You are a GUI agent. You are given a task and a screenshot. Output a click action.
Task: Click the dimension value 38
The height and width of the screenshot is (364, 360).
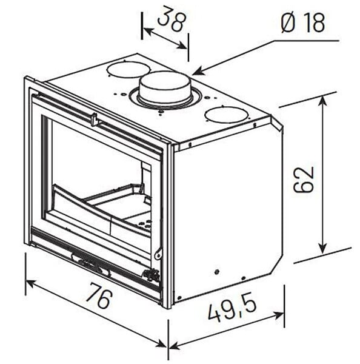172,19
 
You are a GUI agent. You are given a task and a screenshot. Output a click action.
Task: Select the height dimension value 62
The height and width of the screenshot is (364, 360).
304,180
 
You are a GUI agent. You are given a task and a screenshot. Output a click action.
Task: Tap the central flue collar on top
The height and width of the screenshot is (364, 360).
165,89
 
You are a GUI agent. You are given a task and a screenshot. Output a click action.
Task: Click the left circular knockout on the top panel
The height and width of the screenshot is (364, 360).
128,69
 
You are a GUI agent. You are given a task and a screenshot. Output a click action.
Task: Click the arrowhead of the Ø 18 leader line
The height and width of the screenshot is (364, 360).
197,72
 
